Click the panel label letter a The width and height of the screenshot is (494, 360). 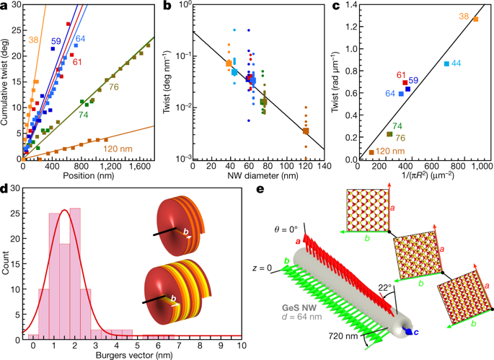[x=5, y=6]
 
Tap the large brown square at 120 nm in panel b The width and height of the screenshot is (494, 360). [x=306, y=131]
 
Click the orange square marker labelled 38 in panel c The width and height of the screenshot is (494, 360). [x=475, y=19]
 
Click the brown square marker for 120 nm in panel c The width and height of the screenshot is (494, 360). [x=371, y=152]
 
